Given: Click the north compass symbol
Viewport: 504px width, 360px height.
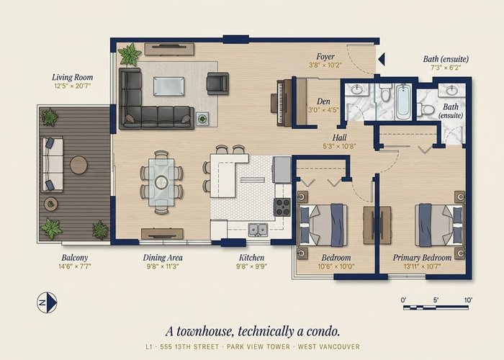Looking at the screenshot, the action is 47,302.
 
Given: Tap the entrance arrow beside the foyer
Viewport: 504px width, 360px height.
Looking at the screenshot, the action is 382,60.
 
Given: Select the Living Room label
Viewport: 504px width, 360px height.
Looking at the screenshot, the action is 72,78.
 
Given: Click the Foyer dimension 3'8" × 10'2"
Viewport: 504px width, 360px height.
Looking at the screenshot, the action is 325,66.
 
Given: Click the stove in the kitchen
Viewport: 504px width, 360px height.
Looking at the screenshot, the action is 282,207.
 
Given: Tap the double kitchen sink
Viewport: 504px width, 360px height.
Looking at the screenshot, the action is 258,230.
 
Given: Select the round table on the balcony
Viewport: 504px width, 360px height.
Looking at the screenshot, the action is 78,165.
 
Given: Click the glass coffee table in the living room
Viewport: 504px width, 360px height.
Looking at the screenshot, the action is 169,86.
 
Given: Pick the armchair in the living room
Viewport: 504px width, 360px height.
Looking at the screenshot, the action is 218,84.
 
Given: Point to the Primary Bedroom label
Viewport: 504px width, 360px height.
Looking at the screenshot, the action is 422,258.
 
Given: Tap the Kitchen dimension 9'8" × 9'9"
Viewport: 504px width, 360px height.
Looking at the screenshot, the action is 252,266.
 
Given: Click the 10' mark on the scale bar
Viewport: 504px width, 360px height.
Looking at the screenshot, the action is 468,300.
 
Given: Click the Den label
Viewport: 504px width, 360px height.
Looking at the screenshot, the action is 323,102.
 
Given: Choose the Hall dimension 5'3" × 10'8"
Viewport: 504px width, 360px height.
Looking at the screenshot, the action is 339,146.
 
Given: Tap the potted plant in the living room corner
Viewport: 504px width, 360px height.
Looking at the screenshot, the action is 129,55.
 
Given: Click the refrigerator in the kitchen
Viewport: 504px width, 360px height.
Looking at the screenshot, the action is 282,169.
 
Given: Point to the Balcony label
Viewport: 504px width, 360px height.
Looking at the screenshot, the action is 75,258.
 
